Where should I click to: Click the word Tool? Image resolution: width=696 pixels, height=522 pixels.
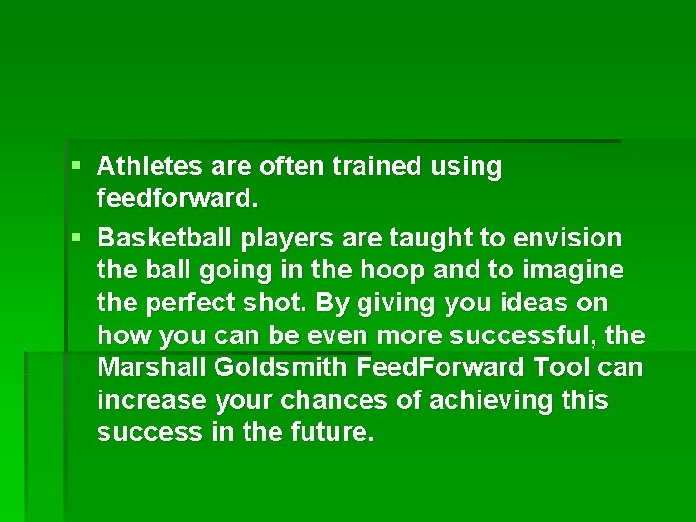click(558, 368)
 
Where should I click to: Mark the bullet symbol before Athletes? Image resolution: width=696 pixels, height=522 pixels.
click(77, 167)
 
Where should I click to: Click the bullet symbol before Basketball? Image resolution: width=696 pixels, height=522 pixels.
click(77, 238)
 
